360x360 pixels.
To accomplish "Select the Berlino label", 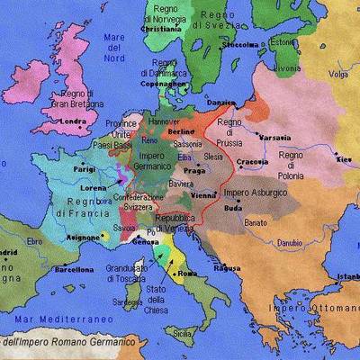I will pos(180,130).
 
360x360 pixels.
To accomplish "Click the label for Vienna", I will pos(202,194).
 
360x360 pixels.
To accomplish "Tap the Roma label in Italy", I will pos(187,273).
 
